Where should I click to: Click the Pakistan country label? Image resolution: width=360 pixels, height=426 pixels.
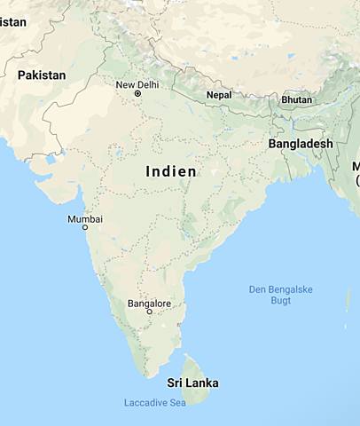pyautogui.click(x=42, y=75)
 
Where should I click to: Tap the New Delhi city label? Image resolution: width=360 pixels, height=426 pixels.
pyautogui.click(x=137, y=84)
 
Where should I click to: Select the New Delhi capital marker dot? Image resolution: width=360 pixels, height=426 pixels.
pyautogui.click(x=137, y=93)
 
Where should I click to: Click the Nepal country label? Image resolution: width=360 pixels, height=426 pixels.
pyautogui.click(x=219, y=95)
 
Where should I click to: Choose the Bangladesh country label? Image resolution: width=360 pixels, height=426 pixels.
pyautogui.click(x=301, y=143)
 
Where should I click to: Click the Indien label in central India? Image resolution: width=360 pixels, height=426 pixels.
pyautogui.click(x=170, y=170)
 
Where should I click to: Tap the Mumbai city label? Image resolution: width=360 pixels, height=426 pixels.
pyautogui.click(x=85, y=218)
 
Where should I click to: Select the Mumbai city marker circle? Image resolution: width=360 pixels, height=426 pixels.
pyautogui.click(x=85, y=227)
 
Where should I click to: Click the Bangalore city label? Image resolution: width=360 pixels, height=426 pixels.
pyautogui.click(x=149, y=304)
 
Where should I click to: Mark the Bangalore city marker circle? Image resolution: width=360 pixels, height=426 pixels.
pyautogui.click(x=149, y=312)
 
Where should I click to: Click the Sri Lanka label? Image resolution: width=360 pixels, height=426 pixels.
pyautogui.click(x=192, y=383)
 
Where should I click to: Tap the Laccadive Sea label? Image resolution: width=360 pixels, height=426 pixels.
pyautogui.click(x=155, y=404)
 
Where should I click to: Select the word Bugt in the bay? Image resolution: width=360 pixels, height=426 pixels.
pyautogui.click(x=280, y=302)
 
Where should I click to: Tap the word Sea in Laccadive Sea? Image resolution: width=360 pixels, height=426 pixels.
pyautogui.click(x=178, y=404)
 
